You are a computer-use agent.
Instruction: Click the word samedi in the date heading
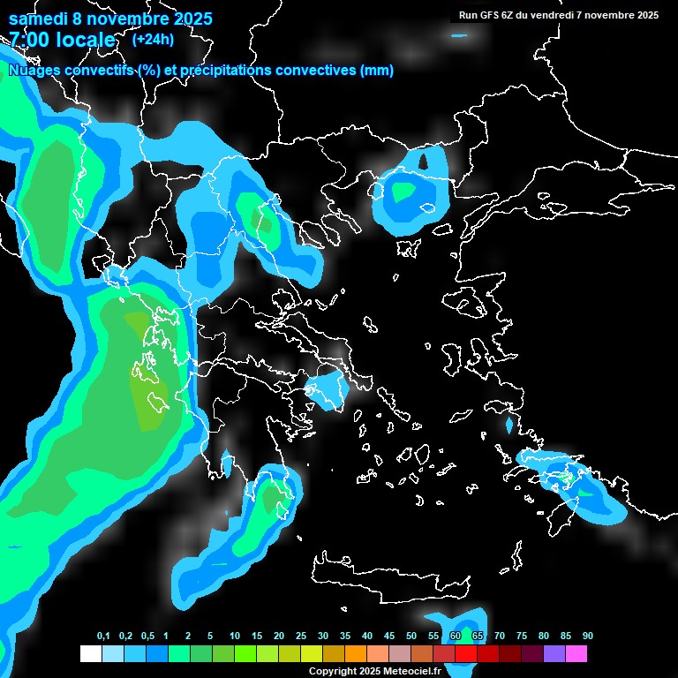pyautogui.click(x=37, y=19)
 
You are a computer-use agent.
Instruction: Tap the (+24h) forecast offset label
pyautogui.click(x=153, y=40)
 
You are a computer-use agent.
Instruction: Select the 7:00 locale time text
pyautogui.click(x=62, y=41)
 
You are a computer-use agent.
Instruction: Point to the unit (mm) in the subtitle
pyautogui.click(x=377, y=71)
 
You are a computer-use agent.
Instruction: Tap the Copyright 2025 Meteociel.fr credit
pyautogui.click(x=373, y=671)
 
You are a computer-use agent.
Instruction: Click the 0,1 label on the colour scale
pyautogui.click(x=102, y=637)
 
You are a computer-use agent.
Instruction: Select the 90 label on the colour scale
pyautogui.click(x=587, y=637)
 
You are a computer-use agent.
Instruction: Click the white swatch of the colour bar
pyautogui.click(x=90, y=654)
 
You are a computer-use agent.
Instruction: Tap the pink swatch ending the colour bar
pyautogui.click(x=576, y=654)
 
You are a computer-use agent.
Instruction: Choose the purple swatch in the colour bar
pyautogui.click(x=554, y=654)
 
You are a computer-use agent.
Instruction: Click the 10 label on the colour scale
pyautogui.click(x=234, y=637)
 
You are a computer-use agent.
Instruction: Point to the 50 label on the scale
pyautogui.click(x=411, y=637)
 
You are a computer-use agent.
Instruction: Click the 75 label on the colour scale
pyautogui.click(x=521, y=637)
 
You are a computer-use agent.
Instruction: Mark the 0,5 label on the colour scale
pyautogui.click(x=147, y=637)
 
